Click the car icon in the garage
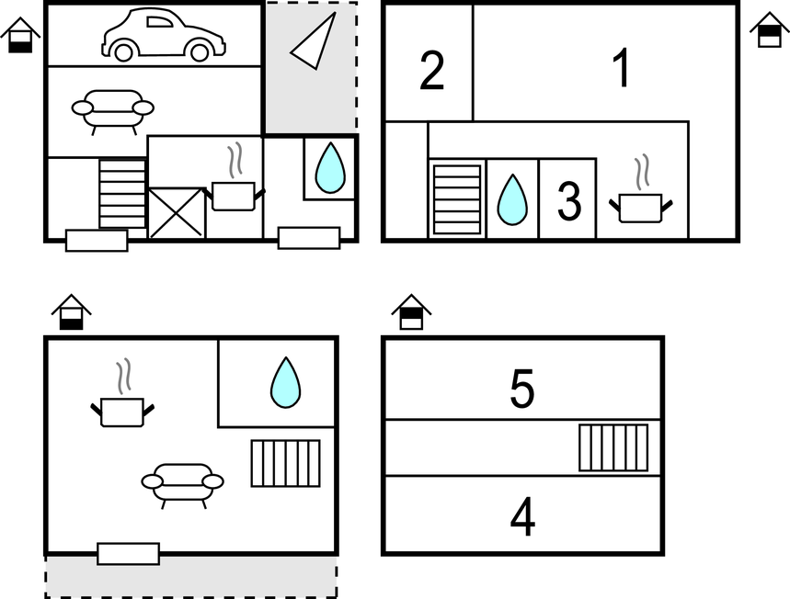pos(164,35)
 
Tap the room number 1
pos(622,68)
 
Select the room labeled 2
pos(431,71)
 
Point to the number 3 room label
pos(569,201)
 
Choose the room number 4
pos(522,516)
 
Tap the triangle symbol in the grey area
pos(314,40)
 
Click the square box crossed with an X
pos(176,212)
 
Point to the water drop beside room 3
pos(512,199)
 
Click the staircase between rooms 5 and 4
pos(613,448)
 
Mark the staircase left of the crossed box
pos(122,194)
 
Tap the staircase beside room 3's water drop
pos(457,199)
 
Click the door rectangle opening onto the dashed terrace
pos(129,554)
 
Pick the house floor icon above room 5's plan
pos(411,312)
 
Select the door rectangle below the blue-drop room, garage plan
pos(309,238)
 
